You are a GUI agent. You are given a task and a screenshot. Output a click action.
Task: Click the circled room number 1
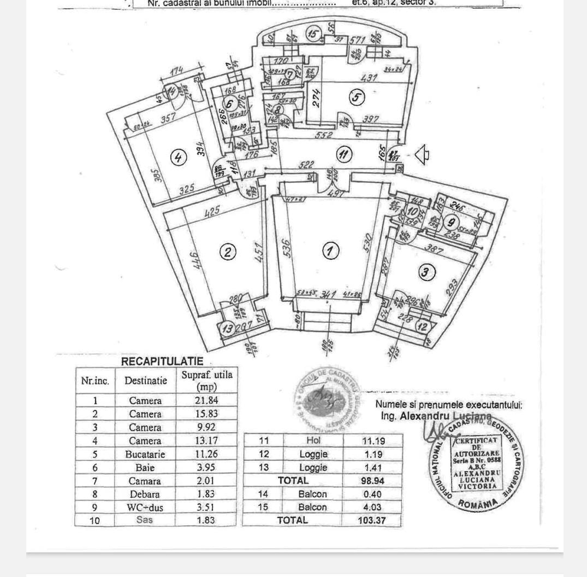(331, 251)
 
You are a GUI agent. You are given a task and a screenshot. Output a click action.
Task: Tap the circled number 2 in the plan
(227, 252)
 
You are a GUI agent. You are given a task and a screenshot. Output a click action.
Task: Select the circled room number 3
(426, 272)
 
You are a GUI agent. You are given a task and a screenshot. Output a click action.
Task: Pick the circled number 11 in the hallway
(344, 155)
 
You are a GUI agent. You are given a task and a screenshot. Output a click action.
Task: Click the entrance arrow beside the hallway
(422, 155)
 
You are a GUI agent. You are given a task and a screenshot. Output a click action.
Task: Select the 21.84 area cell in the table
(206, 400)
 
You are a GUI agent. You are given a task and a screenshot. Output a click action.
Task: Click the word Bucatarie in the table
(145, 454)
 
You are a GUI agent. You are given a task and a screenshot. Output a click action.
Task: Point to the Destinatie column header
(145, 380)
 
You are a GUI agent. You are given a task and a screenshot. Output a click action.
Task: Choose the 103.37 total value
(372, 520)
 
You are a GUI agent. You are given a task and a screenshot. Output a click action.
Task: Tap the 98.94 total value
(372, 481)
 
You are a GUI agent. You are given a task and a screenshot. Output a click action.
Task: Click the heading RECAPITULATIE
(162, 361)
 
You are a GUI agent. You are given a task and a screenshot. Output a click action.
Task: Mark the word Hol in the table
(313, 441)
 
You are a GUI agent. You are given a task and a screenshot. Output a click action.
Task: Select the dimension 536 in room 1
(287, 248)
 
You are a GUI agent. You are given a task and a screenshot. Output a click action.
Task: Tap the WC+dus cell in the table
(145, 508)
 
